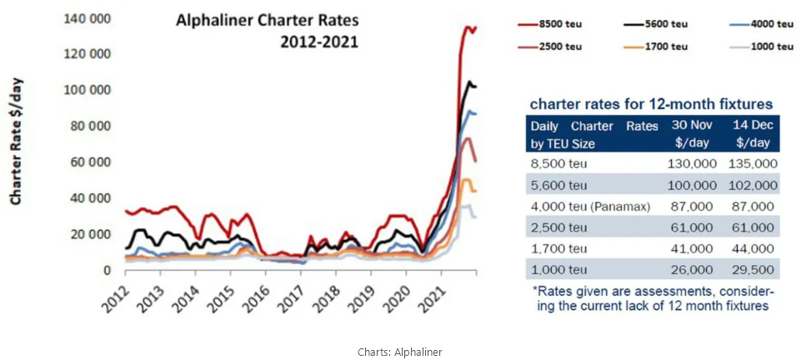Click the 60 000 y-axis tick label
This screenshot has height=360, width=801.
pyautogui.click(x=91, y=162)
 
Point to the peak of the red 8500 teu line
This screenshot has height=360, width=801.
pyautogui.click(x=466, y=27)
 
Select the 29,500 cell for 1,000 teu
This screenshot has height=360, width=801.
pyautogui.click(x=754, y=268)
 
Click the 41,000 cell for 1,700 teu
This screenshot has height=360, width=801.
pyautogui.click(x=694, y=247)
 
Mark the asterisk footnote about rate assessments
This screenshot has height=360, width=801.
pyautogui.click(x=653, y=298)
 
